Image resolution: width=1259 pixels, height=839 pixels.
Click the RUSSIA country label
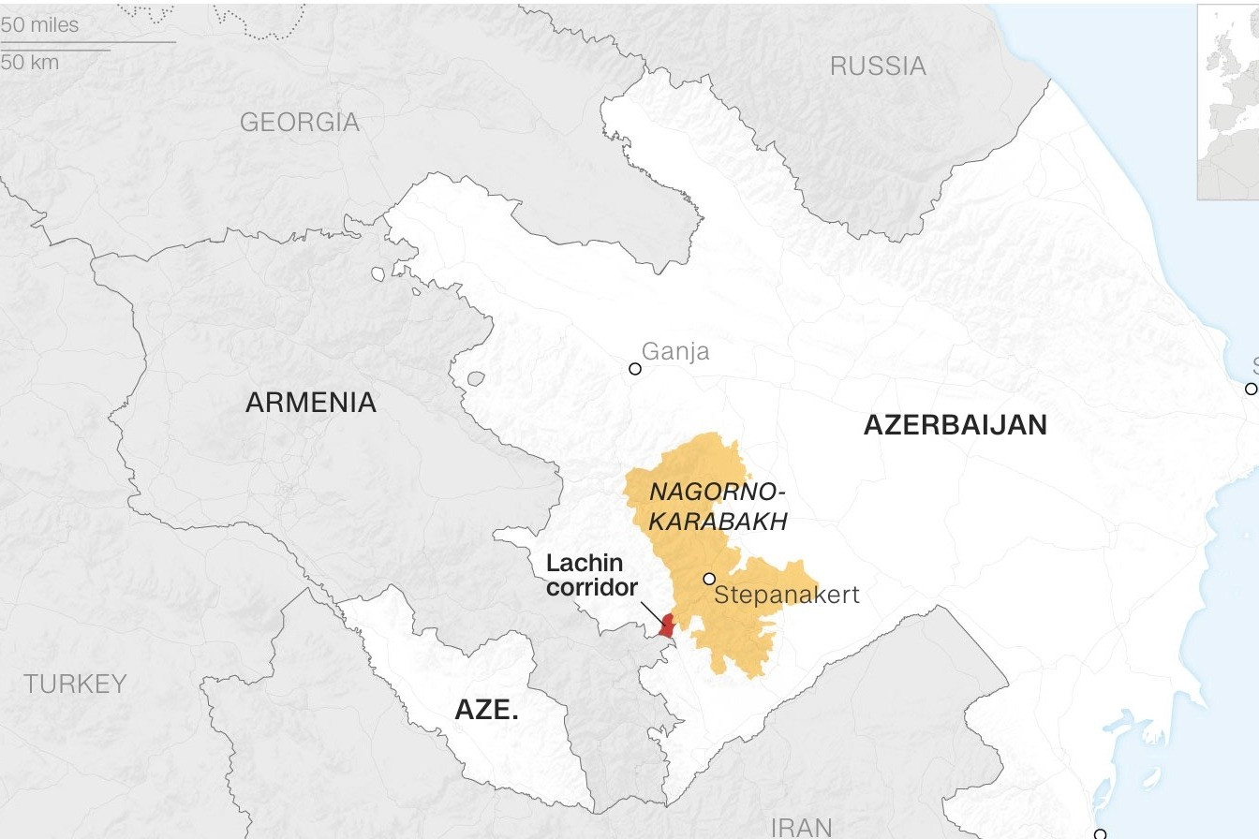click(878, 66)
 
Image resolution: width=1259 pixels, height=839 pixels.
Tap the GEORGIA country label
click(299, 122)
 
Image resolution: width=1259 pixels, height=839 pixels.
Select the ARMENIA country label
click(310, 403)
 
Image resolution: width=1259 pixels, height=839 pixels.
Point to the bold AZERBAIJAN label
click(955, 425)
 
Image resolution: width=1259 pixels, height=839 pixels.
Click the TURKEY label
click(75, 684)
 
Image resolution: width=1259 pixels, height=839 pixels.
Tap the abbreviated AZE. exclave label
click(486, 710)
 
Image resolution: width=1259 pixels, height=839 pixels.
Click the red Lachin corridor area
click(667, 626)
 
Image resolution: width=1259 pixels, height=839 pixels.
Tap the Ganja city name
click(675, 352)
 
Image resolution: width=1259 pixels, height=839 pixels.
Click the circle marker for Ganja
click(635, 369)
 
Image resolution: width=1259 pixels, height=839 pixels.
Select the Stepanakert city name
click(786, 596)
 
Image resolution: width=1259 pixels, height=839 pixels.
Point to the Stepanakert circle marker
click(709, 579)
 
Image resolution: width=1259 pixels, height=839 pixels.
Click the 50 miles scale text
click(40, 25)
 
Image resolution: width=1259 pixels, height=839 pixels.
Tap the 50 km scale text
click(30, 62)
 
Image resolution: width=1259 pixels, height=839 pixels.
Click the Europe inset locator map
click(1227, 101)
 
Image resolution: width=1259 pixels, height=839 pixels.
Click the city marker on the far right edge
click(1251, 389)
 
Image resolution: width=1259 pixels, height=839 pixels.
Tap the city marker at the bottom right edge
click(1101, 833)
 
